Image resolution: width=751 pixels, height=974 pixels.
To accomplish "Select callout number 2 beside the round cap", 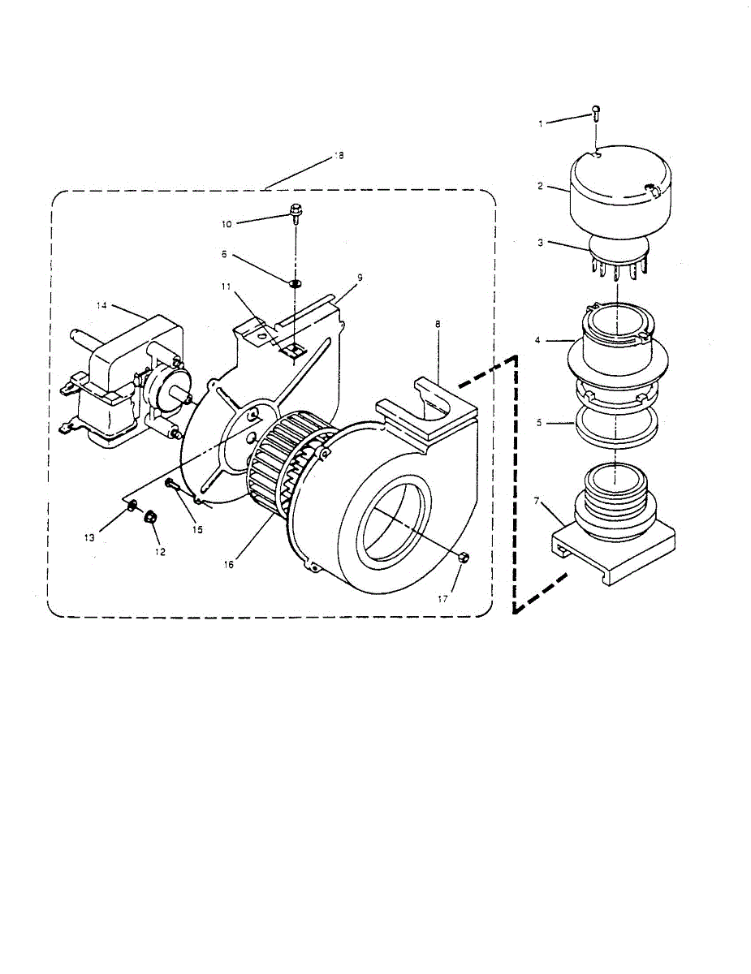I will (x=540, y=186).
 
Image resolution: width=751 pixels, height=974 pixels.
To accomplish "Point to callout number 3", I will (x=540, y=242).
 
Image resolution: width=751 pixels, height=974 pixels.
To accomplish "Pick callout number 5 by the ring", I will (x=540, y=422).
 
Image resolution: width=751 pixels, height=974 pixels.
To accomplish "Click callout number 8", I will (x=438, y=324).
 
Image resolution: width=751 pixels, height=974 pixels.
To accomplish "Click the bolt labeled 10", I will (x=296, y=215).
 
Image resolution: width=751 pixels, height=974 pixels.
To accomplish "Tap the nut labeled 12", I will (x=150, y=516).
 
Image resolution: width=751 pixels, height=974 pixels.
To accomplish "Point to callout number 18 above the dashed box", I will (x=339, y=155).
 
